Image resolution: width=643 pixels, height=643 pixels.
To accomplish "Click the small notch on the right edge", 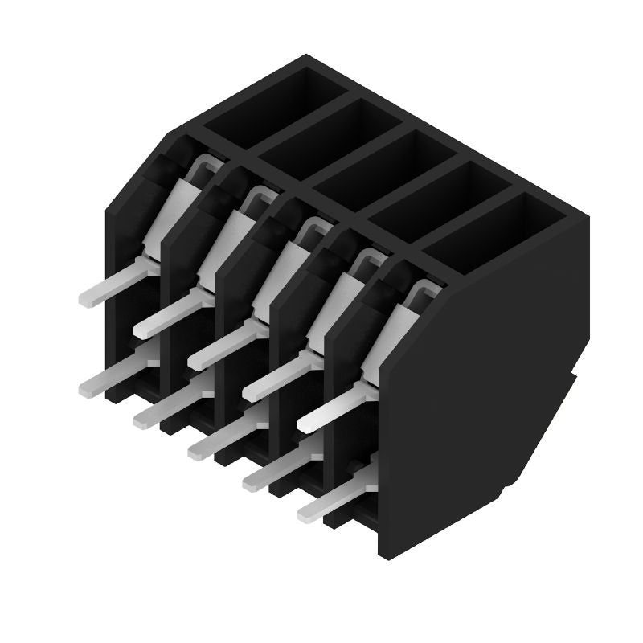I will [x=575, y=378].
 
